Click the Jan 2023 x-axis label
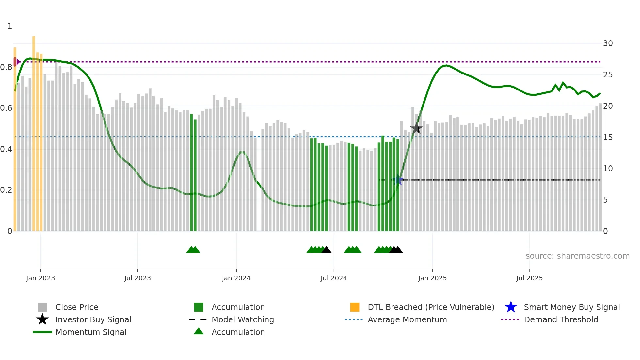(40, 278)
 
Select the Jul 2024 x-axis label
(334, 278)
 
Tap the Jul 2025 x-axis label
(529, 278)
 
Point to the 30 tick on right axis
(608, 43)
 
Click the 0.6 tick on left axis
(6, 108)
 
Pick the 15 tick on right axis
(608, 138)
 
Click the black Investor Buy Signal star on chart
(416, 128)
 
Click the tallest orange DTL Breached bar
(34, 131)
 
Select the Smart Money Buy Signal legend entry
(571, 307)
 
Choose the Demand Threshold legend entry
(561, 320)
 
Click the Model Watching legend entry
(242, 320)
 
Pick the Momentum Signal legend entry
(91, 332)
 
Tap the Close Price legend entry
(77, 307)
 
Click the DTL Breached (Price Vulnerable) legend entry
(431, 307)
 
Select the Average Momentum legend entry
(407, 320)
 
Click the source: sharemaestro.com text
(577, 256)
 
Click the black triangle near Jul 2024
(326, 250)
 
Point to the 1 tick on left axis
(10, 26)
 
